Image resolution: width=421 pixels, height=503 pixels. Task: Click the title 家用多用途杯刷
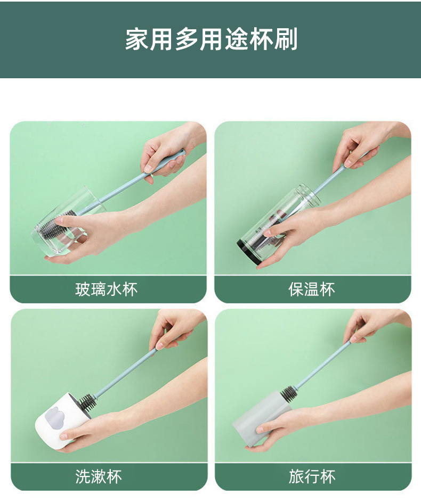pyautogui.click(x=211, y=40)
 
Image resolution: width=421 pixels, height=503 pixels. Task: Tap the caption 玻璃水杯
pyautogui.click(x=106, y=290)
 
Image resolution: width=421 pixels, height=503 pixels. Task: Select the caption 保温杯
pyautogui.click(x=312, y=290)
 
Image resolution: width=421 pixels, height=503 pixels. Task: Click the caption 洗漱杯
pyautogui.click(x=99, y=476)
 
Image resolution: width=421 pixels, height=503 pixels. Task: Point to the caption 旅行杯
pyautogui.click(x=312, y=476)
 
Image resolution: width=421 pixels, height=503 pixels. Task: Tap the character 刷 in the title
pyautogui.click(x=287, y=40)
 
